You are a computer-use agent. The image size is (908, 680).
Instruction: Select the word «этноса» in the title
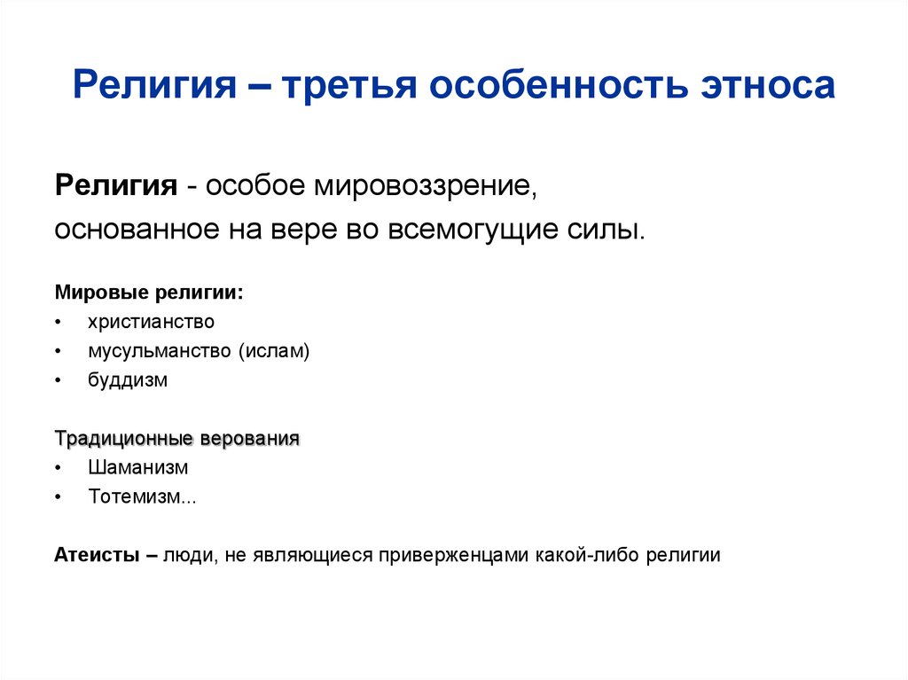[x=768, y=86]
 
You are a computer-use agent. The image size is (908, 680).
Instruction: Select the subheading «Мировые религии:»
[x=149, y=293]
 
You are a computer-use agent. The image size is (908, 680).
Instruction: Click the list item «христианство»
[x=151, y=322]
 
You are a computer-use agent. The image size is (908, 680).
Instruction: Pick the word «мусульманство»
[x=160, y=351]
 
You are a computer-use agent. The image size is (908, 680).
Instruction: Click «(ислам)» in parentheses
[x=273, y=351]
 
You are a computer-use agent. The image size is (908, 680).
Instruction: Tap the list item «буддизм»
[x=128, y=380]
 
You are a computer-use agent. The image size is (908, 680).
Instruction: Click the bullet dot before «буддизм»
[x=58, y=381]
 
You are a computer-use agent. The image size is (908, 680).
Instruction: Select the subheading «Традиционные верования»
[x=177, y=439]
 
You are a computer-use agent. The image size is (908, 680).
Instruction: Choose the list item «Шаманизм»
[x=137, y=467]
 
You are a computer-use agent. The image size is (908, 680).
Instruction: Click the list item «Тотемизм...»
[x=142, y=496]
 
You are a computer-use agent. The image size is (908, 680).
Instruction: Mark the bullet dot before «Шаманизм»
[x=58, y=468]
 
